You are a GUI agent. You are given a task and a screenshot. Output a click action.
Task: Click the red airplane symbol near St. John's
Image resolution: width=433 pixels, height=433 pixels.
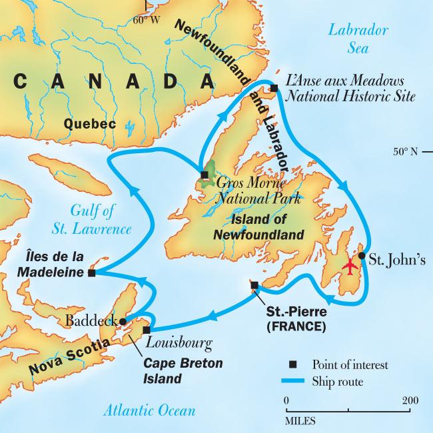tap(349, 265)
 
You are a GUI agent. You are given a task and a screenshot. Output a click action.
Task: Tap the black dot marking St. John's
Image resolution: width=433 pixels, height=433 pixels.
tap(362, 255)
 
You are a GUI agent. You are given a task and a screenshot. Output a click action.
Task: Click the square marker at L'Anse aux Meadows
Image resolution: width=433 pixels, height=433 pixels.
tap(273, 88)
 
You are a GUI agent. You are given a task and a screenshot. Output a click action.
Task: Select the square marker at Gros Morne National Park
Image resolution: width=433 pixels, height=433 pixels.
tap(205, 175)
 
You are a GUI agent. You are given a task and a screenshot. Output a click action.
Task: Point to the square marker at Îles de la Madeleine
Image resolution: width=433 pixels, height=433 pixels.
tap(91, 272)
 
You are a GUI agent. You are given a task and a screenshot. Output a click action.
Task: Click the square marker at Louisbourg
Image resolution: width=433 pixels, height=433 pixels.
tap(147, 329)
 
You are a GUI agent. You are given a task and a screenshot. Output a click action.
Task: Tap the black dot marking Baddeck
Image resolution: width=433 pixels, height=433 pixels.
tap(122, 320)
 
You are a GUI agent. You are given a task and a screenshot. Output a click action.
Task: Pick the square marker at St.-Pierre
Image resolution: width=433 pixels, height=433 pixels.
tap(254, 285)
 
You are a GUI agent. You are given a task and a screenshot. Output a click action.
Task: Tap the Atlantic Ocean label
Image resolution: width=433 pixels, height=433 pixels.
tap(149, 410)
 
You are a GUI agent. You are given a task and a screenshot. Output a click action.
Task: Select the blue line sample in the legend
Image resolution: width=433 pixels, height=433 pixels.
tap(292, 381)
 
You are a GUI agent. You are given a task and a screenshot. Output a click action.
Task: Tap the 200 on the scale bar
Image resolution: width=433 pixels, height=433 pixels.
tap(410, 400)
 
